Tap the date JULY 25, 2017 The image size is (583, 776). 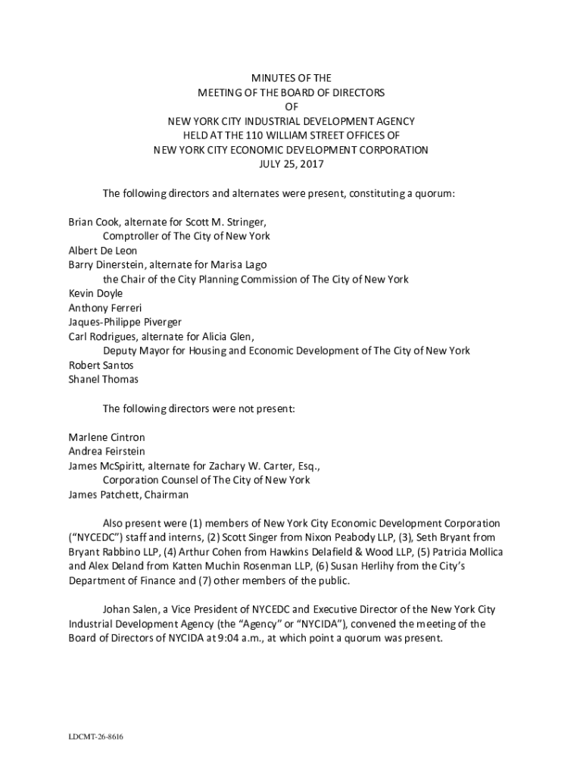pyautogui.click(x=291, y=164)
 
